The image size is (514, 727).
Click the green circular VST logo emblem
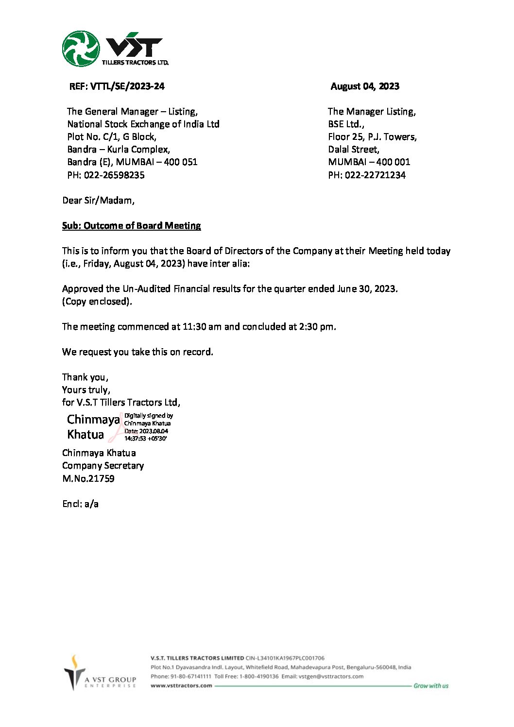tap(81, 49)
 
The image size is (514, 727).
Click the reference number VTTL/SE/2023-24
tap(127, 86)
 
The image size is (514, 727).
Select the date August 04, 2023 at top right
tap(365, 86)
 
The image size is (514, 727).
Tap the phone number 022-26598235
tap(114, 175)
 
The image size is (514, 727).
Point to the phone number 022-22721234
tap(375, 175)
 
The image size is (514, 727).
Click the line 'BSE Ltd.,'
tap(346, 124)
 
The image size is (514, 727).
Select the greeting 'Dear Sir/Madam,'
tap(98, 201)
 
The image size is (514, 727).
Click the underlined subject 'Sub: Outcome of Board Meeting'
tap(131, 226)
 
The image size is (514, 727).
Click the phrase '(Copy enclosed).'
tap(97, 302)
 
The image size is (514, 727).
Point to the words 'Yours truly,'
tap(86, 390)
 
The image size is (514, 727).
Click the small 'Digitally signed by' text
tap(149, 416)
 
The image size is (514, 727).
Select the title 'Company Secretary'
tap(103, 466)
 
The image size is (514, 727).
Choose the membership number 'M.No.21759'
tap(88, 479)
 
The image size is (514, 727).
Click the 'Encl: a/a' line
tap(80, 504)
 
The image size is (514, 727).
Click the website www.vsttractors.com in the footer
tap(181, 686)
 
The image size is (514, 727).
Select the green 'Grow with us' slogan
tap(431, 686)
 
